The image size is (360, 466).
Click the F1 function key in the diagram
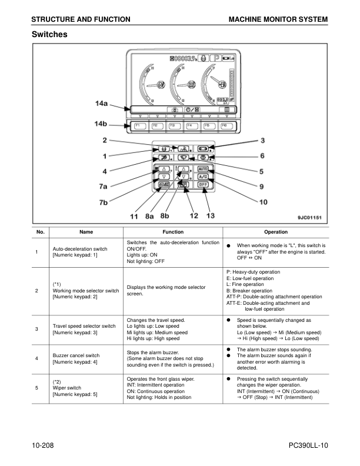coord(141,127)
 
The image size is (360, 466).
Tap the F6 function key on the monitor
coord(224,127)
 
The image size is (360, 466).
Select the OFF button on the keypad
coord(203,185)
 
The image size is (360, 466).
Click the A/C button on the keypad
coord(203,176)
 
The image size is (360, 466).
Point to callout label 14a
coord(101,104)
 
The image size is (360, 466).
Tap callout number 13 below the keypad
coord(210,215)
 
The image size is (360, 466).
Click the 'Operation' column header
coord(276,232)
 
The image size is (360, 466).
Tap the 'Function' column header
coord(173,232)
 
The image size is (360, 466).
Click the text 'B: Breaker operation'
coord(249,291)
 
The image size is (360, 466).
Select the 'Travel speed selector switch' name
coord(84,325)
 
